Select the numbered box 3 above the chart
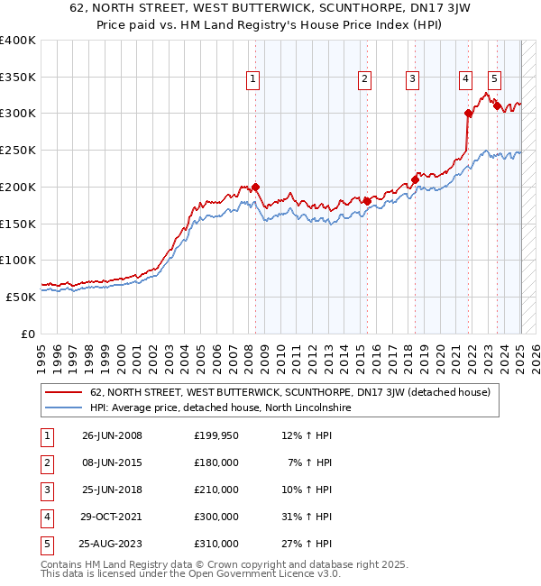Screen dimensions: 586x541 (x=411, y=79)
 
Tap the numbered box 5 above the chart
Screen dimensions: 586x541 (x=495, y=79)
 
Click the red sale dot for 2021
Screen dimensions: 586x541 (x=469, y=113)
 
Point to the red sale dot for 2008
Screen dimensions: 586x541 (x=255, y=187)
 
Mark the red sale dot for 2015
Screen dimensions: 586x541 (x=367, y=201)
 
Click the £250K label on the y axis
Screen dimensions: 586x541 (x=17, y=150)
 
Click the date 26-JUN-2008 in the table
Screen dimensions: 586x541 (x=112, y=435)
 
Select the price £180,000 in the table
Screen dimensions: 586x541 (x=216, y=462)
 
